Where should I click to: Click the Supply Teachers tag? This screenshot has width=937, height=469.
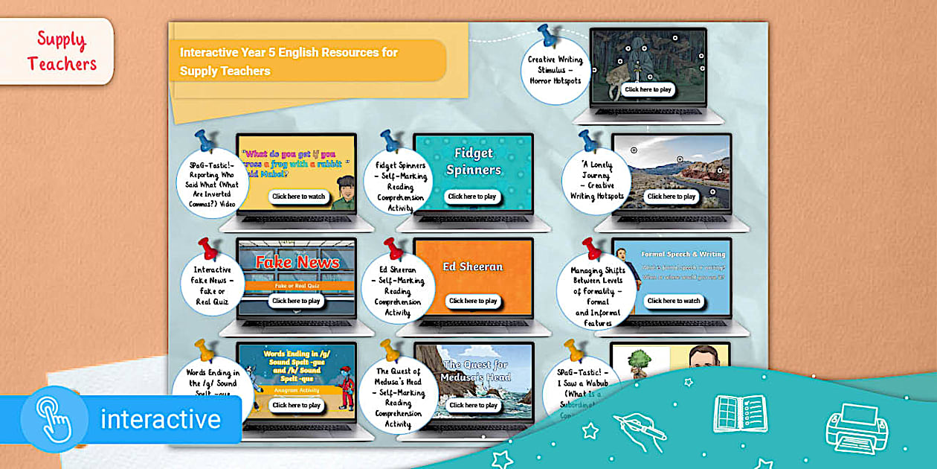click(x=62, y=51)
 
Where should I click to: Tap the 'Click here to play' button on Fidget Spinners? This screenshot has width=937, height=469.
click(x=472, y=197)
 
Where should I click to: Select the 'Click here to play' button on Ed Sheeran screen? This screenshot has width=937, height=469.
click(x=472, y=301)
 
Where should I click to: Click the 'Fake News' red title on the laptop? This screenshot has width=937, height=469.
click(x=297, y=262)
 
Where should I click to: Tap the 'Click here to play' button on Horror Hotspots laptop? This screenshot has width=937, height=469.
click(x=648, y=89)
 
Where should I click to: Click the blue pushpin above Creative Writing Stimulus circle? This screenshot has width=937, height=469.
click(x=549, y=36)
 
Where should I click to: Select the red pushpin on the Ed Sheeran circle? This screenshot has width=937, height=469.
click(x=393, y=248)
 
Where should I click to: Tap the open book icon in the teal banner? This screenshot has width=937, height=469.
click(x=741, y=414)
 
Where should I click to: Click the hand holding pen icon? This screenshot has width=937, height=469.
click(x=640, y=433)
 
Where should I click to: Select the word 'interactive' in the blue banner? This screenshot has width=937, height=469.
click(x=161, y=419)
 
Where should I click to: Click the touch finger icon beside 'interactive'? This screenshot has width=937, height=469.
click(x=54, y=419)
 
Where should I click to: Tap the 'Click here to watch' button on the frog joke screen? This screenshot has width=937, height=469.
click(x=298, y=197)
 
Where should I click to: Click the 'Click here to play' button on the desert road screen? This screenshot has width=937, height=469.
click(x=672, y=197)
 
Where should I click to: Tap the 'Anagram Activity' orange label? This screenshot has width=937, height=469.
click(x=296, y=389)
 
